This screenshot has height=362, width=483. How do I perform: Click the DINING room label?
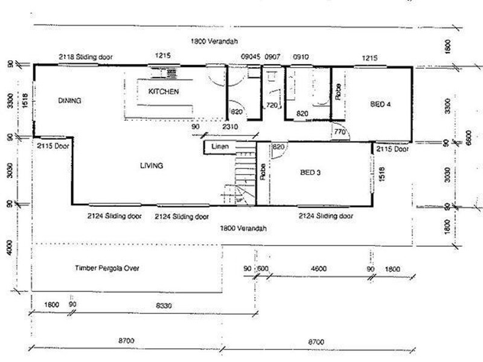point(69,100)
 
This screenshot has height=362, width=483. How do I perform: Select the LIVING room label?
point(151,166)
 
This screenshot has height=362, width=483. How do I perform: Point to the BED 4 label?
point(380,104)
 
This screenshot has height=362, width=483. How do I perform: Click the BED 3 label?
point(311,173)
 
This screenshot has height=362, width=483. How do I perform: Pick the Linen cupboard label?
point(219,147)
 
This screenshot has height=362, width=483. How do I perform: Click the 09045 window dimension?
point(251,56)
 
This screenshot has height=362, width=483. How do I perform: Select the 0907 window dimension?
point(273,56)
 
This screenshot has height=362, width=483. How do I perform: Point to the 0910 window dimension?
point(301,56)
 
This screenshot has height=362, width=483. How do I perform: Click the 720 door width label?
point(272,106)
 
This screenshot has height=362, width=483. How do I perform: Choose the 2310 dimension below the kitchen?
point(229,127)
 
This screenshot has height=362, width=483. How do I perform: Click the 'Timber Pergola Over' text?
point(107,268)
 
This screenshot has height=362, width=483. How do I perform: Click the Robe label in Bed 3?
point(263,173)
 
